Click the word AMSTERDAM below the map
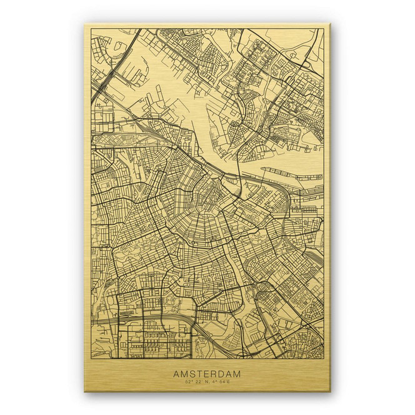pos(206,374)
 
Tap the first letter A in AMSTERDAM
pos(176,374)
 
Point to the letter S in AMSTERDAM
pos(191,374)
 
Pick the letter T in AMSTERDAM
pos(198,374)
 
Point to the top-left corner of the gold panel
pos(85,24)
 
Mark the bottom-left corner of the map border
pos(91,358)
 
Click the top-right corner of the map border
pos(324,29)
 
